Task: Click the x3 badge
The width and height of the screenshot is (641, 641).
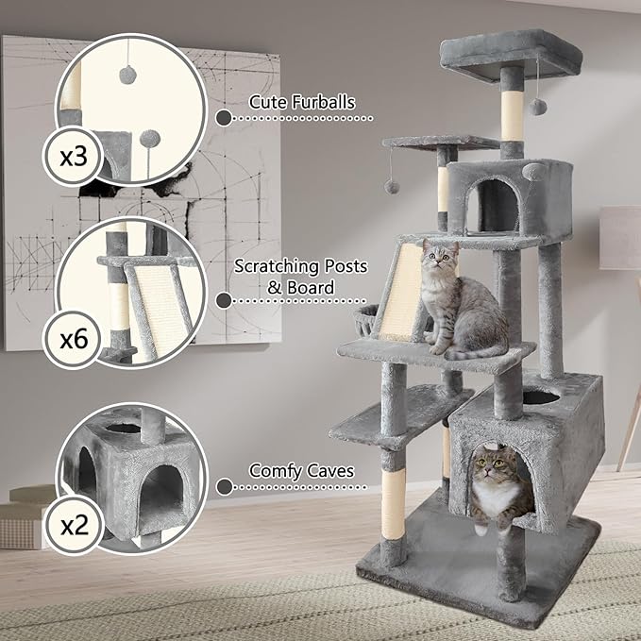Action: coord(73,155)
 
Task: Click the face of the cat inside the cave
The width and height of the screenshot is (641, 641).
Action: coord(492,465)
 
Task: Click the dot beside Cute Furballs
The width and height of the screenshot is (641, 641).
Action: coord(223,118)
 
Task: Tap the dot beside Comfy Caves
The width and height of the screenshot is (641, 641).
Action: coord(223,487)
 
